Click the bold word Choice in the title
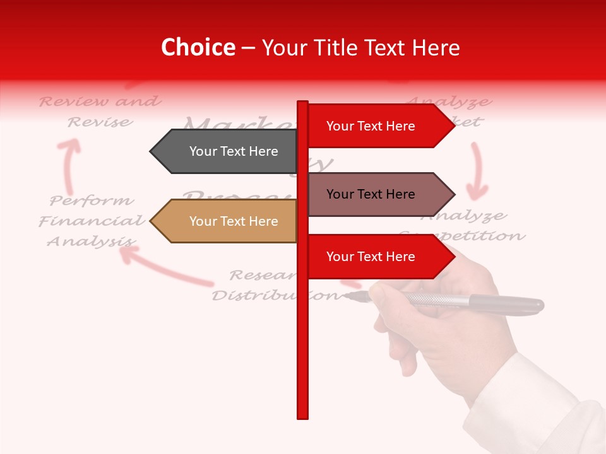coord(198,48)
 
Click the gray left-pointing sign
coord(227,151)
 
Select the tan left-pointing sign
coord(227,221)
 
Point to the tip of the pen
coord(347,294)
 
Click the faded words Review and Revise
coord(100,111)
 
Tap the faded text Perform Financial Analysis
coord(92,221)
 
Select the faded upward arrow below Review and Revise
coord(69,164)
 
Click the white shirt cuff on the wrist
coord(537,397)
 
